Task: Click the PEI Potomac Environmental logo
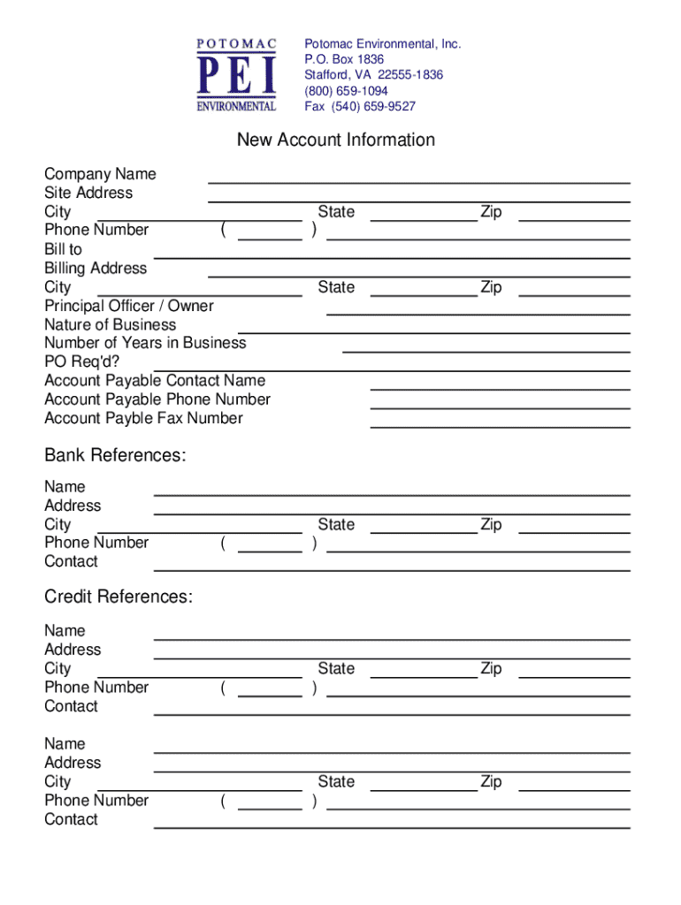tap(236, 75)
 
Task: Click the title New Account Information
tap(335, 140)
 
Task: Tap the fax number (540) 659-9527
tap(360, 107)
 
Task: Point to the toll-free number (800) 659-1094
tap(347, 91)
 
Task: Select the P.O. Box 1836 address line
tap(345, 59)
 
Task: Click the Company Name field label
tap(100, 174)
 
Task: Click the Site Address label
tap(88, 193)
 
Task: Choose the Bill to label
tap(63, 249)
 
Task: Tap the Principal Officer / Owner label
tap(129, 306)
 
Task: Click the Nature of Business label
tap(110, 324)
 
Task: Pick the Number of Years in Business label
tap(145, 343)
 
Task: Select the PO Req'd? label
tap(81, 361)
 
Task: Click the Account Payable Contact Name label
tap(155, 381)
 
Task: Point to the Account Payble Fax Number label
tap(143, 418)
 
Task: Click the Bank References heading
tap(115, 455)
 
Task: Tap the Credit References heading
tap(119, 597)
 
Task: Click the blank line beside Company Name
tap(418, 180)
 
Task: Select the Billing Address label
tap(96, 268)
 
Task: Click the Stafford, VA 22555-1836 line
tap(374, 75)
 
